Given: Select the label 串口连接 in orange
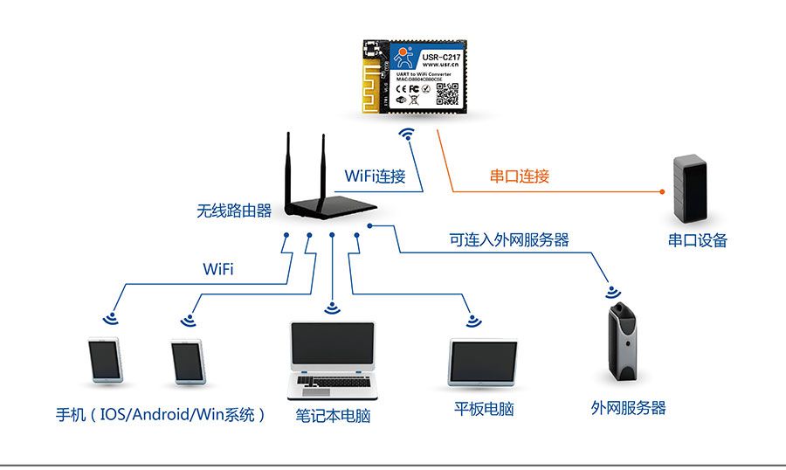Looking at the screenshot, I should pos(519,176).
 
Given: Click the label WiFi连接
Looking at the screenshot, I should pos(375,176).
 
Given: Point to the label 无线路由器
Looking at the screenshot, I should pos(233,211).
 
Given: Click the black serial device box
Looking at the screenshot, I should pos(689,189).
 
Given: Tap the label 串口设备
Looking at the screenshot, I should pos(698,240).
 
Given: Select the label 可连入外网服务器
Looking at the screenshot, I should pos(509,238).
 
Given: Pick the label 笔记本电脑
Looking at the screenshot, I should pos(333,416).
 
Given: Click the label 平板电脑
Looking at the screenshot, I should pos(484,409).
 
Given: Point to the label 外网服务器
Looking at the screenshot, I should pos(628,408).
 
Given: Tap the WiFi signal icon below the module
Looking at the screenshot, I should pos(406,135).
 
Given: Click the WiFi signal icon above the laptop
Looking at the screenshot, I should pos(331,308).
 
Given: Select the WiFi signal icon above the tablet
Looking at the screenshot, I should pos(473,321).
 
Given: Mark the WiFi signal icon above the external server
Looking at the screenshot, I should pos(613,292).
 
